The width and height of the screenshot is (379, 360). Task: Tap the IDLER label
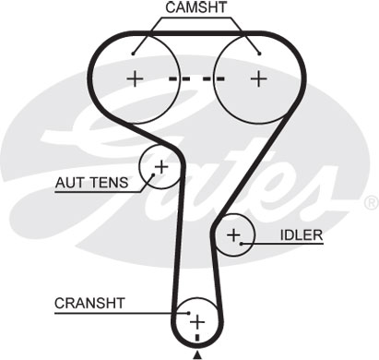click(303, 234)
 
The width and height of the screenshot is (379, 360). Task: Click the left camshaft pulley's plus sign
click(136, 78)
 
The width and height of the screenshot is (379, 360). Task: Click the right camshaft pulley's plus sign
click(256, 78)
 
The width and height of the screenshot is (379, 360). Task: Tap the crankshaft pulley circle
click(196, 320)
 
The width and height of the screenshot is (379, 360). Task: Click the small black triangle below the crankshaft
click(196, 354)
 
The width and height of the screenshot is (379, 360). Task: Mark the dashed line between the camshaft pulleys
click(195, 78)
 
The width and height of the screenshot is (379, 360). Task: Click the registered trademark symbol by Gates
click(371, 201)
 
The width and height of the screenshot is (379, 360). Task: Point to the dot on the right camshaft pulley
click(260, 53)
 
